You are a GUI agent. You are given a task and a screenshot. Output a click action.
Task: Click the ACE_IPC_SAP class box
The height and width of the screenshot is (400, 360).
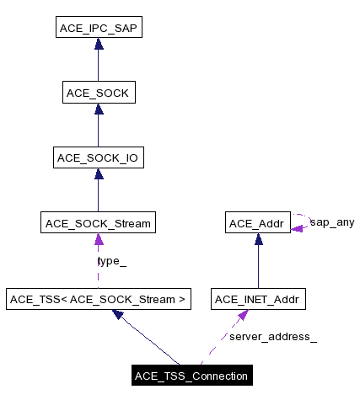coord(98,29)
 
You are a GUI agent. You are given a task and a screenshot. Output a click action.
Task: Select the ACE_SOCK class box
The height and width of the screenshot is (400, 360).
coord(98,93)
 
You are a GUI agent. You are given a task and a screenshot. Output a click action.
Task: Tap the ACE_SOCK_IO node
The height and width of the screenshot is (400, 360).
coord(98,157)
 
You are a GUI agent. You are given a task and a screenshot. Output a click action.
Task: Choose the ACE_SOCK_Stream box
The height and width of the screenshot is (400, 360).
coord(98,223)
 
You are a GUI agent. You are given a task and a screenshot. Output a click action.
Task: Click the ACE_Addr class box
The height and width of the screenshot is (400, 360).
coord(258,223)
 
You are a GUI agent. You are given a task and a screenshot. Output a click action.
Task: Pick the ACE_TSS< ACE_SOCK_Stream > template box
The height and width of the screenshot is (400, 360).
coord(98,298)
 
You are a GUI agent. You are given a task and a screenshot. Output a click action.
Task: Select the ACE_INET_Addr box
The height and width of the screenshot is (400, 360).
coord(258,298)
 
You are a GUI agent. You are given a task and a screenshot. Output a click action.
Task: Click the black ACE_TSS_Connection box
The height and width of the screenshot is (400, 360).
coord(191,376)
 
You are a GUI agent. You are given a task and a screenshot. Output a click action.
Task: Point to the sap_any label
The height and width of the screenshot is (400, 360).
coord(332,223)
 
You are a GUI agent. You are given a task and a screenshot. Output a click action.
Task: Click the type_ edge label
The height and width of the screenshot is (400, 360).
coord(112,261)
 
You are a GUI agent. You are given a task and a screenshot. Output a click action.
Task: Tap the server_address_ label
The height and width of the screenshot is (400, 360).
coord(273,337)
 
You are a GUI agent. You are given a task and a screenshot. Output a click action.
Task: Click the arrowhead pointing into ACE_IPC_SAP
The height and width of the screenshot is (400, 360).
coord(98,44)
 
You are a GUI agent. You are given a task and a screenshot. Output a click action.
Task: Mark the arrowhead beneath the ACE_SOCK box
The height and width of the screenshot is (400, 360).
coord(98,109)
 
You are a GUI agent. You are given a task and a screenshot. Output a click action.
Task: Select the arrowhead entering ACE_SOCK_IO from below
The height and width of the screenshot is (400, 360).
coord(98,173)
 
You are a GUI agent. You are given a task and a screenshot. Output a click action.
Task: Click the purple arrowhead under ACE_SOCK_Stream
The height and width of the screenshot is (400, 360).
coord(98,239)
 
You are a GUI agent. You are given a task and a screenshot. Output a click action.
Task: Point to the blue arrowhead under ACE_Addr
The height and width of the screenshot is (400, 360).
coord(258,239)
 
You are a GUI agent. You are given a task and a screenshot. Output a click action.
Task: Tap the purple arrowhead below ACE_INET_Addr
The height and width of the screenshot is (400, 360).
coord(243,314)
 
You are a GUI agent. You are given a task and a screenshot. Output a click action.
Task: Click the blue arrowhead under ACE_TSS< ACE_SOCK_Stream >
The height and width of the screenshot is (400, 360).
coord(119,314)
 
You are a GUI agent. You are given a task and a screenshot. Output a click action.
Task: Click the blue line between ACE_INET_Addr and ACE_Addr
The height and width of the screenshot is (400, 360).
coord(258,265)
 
